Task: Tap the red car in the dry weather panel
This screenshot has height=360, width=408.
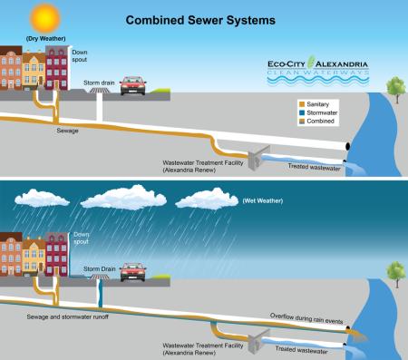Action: click(132, 85)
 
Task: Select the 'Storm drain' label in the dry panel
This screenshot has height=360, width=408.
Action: click(100, 81)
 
